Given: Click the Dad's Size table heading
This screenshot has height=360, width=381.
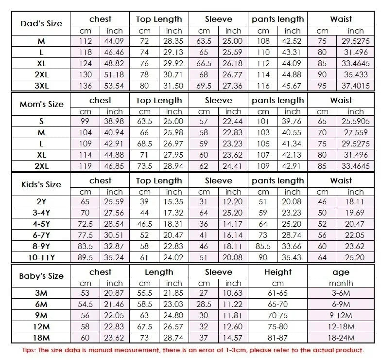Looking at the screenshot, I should (42, 23).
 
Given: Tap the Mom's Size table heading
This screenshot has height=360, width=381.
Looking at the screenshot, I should (42, 104).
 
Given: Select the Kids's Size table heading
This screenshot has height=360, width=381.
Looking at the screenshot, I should (42, 184).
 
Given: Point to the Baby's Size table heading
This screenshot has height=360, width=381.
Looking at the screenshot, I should (42, 276).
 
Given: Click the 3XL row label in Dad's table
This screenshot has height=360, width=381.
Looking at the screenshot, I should (42, 86).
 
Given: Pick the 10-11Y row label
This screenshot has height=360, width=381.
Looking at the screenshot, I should (42, 257).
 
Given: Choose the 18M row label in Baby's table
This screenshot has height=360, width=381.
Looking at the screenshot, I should (42, 338).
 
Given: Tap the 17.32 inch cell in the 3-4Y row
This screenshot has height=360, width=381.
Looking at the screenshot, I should (173, 213).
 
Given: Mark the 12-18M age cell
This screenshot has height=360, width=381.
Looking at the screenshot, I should (341, 326).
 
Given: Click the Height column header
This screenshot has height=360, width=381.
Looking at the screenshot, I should (278, 272).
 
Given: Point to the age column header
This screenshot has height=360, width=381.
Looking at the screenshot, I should (341, 272).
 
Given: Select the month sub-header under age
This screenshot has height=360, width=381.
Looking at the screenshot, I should (341, 283).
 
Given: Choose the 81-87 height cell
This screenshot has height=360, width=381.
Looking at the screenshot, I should (278, 338).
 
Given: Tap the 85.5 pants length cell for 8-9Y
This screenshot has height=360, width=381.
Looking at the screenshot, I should (263, 246).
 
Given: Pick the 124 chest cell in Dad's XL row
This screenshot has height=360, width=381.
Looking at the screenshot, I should (85, 64).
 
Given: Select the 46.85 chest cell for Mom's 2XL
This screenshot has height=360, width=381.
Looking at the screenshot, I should (115, 166).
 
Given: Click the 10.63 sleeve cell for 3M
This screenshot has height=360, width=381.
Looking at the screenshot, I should (233, 293).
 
